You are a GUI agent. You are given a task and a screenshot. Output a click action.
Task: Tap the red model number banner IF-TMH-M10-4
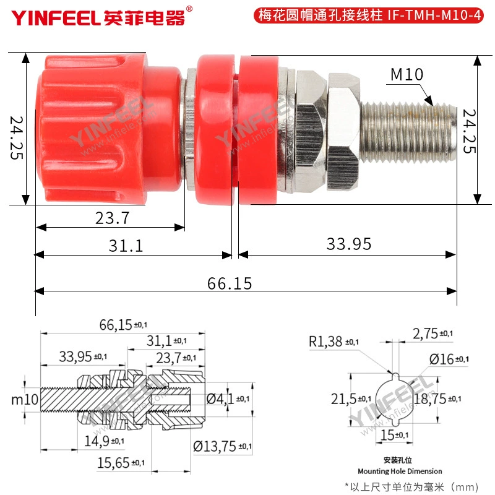coord(368,15)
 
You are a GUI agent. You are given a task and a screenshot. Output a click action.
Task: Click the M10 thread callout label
coord(407,74)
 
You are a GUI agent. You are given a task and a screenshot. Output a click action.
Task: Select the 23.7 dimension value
coord(113,218)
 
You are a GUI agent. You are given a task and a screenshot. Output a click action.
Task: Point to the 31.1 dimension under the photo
coord(126,246)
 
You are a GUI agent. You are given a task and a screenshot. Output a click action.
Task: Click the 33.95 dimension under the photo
coord(349,244)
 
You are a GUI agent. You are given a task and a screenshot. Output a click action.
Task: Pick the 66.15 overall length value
coord(230,283)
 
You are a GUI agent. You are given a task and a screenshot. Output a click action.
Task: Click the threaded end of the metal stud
coord(408,132)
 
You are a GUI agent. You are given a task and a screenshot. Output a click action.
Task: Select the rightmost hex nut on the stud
coord(343,132)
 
